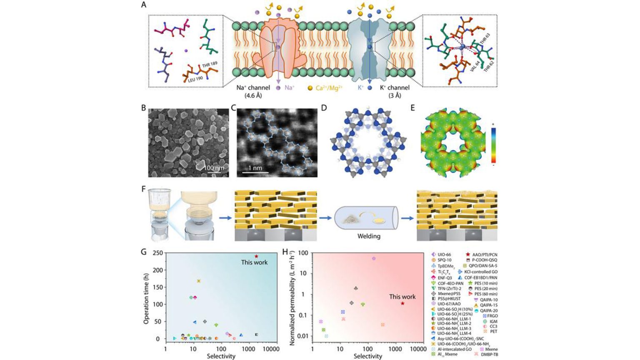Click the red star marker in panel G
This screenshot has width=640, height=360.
pos(256,256)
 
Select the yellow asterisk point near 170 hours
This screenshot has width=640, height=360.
pos(199,281)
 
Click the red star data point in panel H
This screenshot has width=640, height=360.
pos(402,303)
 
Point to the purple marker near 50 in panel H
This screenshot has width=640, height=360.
pos(374,259)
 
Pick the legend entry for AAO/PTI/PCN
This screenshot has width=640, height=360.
pos(482,255)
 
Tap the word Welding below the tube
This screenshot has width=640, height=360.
pos(369,236)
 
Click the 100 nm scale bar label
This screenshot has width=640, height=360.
pos(214,167)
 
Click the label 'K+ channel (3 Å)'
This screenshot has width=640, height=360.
pos(394,91)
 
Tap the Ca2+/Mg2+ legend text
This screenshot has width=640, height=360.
pos(329,88)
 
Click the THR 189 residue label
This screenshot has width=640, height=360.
pos(210,65)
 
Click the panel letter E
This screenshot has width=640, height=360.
pos(412,108)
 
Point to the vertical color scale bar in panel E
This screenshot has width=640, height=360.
pos(493,145)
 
